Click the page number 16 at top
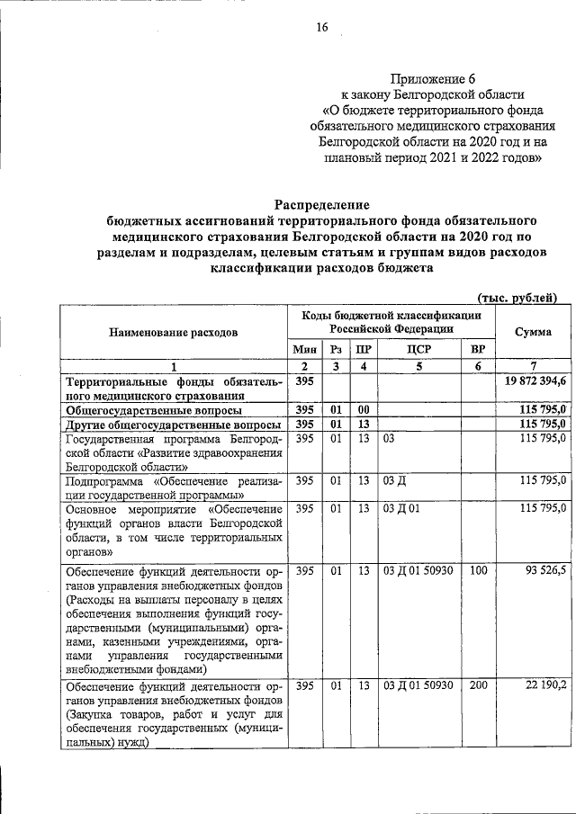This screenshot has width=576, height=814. (322, 27)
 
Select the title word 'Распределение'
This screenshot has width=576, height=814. (322, 205)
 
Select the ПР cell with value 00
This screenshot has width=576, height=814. (364, 409)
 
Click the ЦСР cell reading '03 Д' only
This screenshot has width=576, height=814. (394, 480)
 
